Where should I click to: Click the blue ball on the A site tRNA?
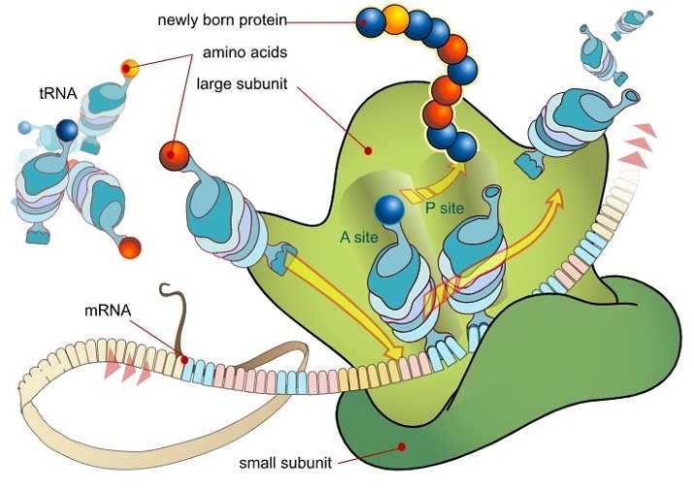point(388,210)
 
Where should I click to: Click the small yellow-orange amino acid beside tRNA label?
point(130,68)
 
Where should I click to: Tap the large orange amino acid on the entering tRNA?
point(174,154)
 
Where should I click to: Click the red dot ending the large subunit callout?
point(368,150)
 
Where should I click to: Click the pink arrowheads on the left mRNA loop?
point(126,367)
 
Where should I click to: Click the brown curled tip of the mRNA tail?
point(166,290)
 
